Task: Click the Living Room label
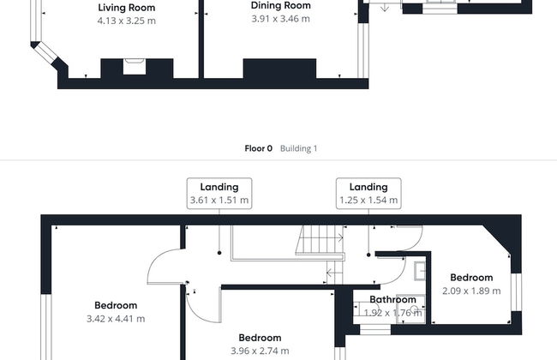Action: click(x=127, y=8)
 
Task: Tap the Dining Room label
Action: click(x=280, y=5)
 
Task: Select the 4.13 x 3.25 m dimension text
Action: click(x=127, y=21)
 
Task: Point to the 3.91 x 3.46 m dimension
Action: click(x=280, y=19)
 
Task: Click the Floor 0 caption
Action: click(x=258, y=148)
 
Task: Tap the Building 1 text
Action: click(x=298, y=148)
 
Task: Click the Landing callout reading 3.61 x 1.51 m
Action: click(x=219, y=194)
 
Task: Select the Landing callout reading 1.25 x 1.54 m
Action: click(x=368, y=194)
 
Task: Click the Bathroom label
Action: click(x=392, y=300)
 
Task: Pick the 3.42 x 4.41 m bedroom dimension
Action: click(x=116, y=319)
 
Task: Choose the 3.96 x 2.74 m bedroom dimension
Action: click(x=260, y=351)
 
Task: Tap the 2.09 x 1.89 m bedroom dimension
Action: click(x=471, y=291)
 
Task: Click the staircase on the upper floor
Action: click(x=320, y=240)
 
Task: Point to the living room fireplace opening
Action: click(x=135, y=67)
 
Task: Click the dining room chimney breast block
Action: click(x=279, y=69)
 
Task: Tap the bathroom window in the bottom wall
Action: click(x=375, y=329)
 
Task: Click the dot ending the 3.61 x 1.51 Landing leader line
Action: click(x=219, y=253)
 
